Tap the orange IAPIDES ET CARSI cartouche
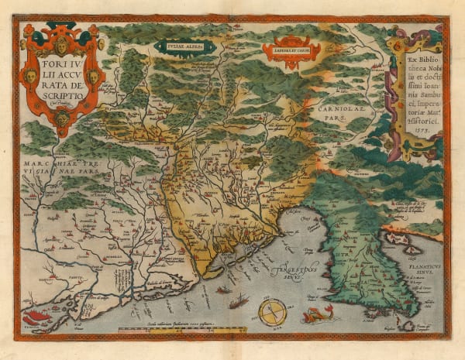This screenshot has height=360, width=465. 291,49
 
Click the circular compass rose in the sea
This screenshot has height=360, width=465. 271,312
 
